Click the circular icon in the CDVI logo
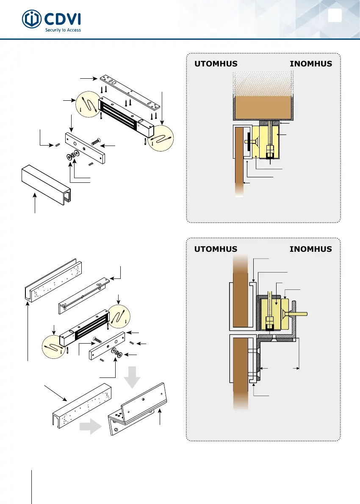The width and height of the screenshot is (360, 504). pos(31,20)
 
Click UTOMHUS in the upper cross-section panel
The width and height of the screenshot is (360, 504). pos(215,64)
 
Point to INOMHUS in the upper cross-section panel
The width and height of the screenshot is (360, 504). pos(310,64)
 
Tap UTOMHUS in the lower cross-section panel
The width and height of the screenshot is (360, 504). pos(215,249)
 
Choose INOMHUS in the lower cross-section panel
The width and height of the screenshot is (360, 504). pos(310,249)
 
